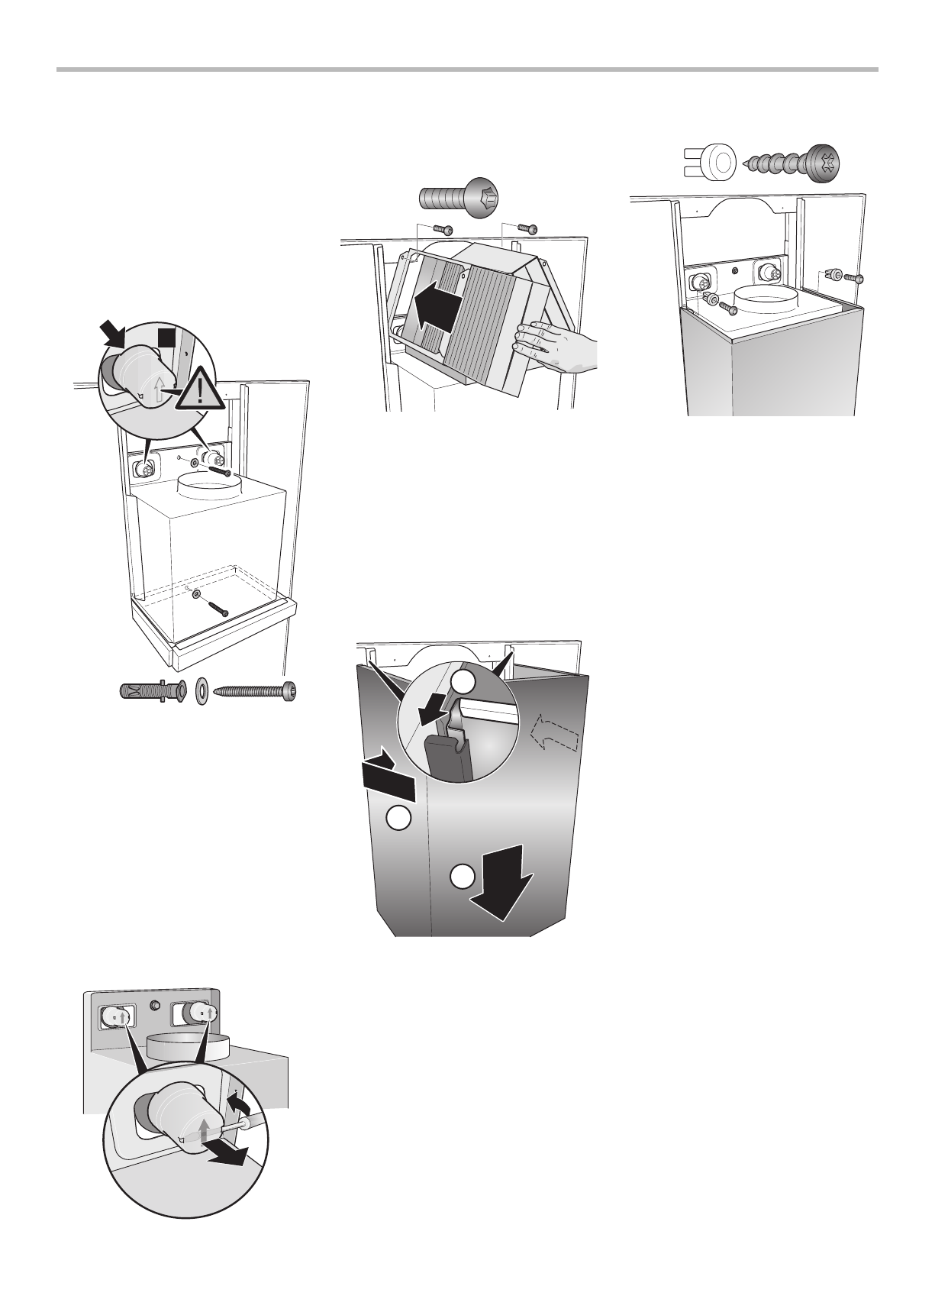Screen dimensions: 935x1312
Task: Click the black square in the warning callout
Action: click(x=167, y=340)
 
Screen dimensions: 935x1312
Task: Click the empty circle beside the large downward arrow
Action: click(x=461, y=877)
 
